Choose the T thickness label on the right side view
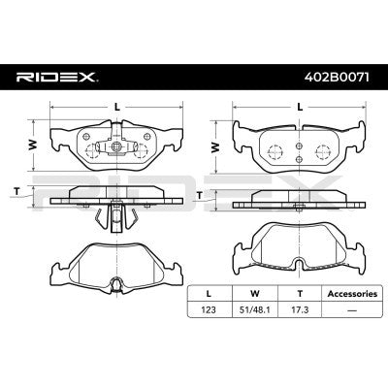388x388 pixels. pos(201,194)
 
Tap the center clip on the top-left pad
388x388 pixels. pos(116,148)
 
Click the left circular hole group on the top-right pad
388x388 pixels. pos(274,149)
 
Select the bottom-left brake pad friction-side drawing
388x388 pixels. pos(116,262)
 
